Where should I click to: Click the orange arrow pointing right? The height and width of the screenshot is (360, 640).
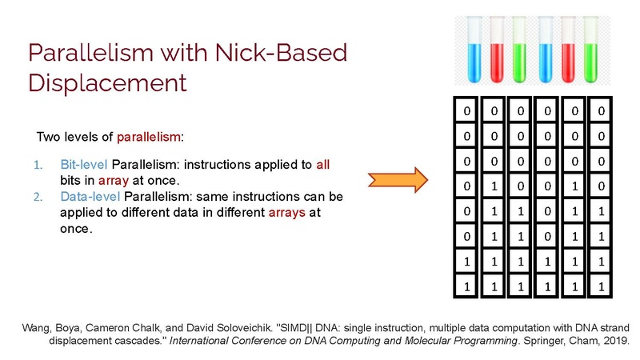(x=398, y=179)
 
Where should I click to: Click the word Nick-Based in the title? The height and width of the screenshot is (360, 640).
(x=281, y=53)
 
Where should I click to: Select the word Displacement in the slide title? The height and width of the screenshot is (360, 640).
(x=107, y=83)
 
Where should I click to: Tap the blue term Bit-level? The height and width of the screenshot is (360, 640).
(x=84, y=165)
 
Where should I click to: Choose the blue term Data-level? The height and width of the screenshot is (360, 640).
(x=90, y=197)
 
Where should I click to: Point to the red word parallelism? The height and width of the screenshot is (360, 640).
(x=149, y=137)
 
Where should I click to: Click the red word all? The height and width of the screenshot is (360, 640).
(x=323, y=165)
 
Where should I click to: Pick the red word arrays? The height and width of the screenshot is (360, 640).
(x=287, y=213)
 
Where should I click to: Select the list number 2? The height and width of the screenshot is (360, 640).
(x=38, y=197)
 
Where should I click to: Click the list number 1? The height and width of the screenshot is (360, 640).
(x=38, y=165)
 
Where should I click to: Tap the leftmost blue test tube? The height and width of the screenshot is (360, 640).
(x=474, y=50)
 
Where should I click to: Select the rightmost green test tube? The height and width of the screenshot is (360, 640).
(x=590, y=50)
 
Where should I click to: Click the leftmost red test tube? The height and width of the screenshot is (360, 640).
(x=497, y=50)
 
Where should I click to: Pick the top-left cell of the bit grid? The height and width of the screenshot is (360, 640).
(x=466, y=110)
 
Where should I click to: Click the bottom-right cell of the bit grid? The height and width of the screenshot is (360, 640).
(x=601, y=286)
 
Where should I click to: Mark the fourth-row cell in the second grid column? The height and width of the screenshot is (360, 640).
(x=494, y=186)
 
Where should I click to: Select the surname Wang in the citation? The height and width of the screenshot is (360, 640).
(x=36, y=329)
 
